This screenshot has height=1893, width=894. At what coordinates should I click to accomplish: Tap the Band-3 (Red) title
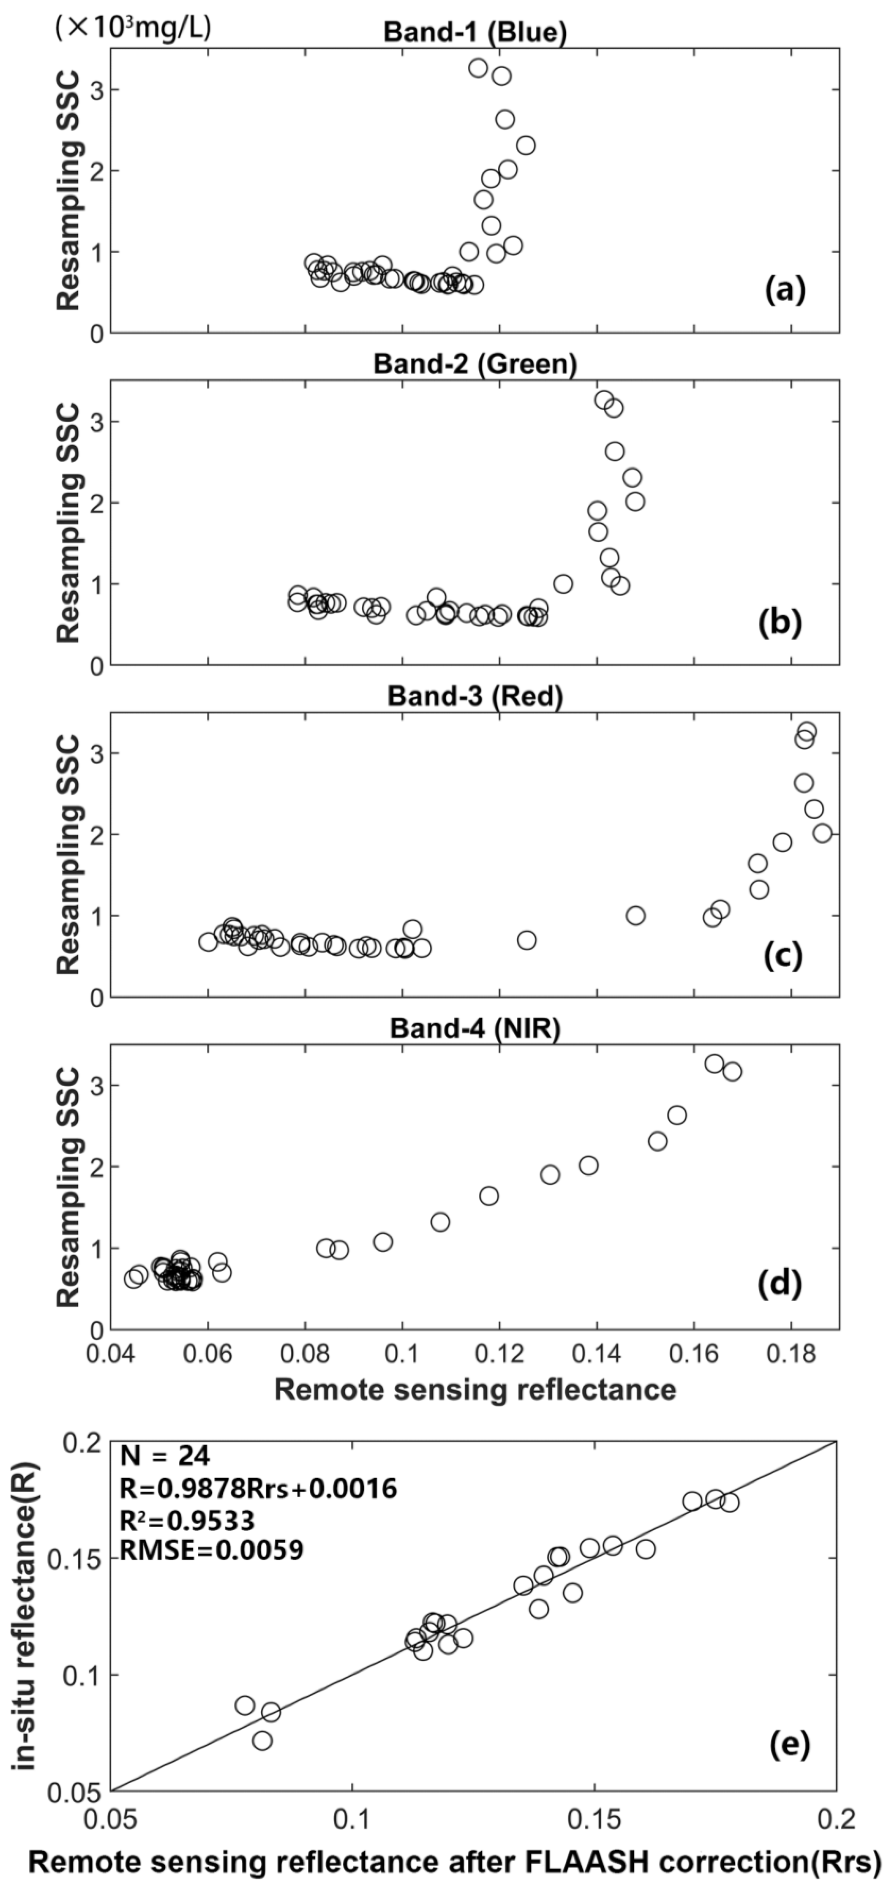point(475,696)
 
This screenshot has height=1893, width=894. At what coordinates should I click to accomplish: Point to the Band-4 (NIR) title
point(475,1029)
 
